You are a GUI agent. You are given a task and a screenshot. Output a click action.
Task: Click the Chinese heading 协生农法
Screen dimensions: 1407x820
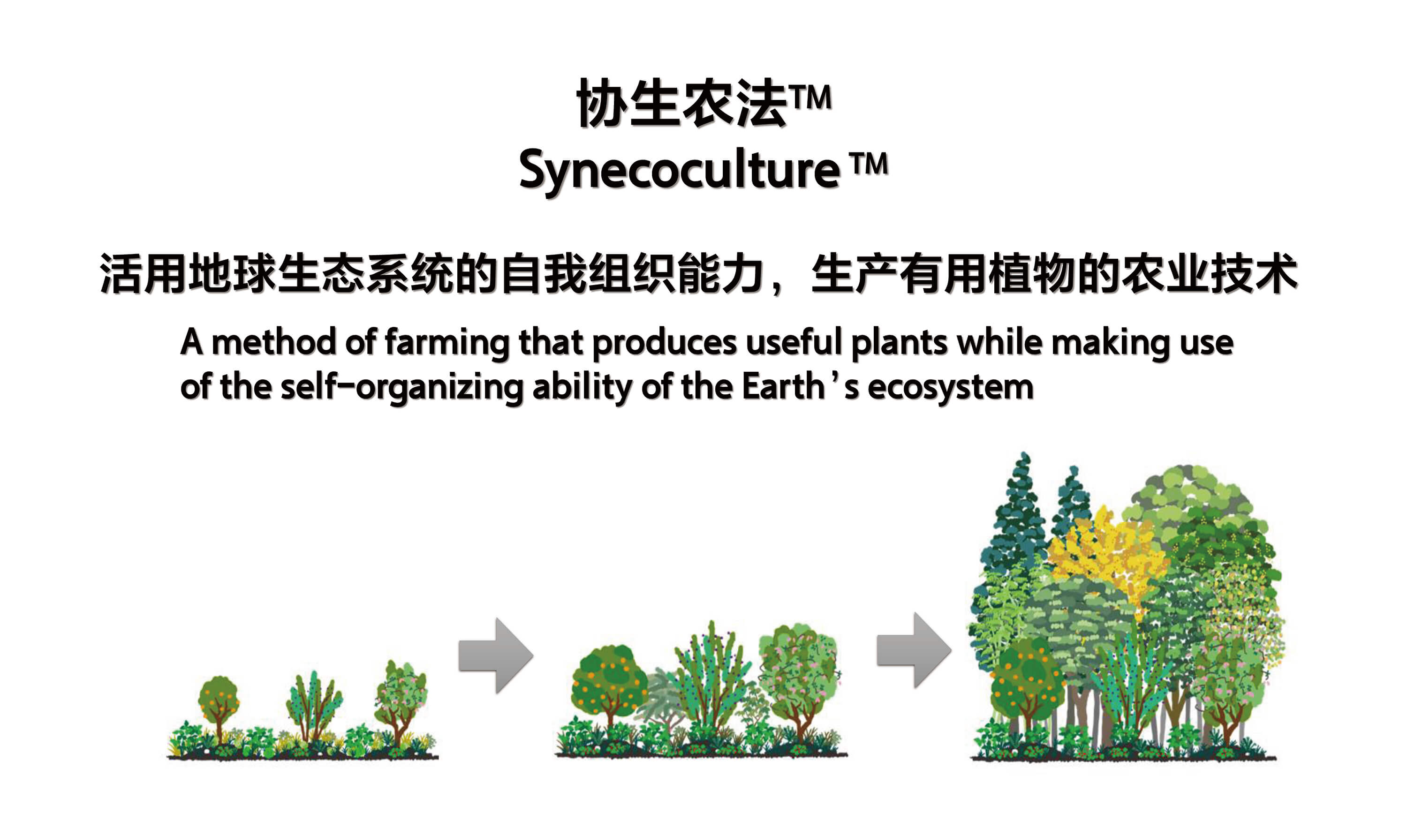tap(682, 103)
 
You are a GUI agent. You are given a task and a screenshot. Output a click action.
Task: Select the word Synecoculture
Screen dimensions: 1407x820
tap(680, 170)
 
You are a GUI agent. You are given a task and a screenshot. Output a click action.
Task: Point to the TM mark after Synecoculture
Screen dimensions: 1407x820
tap(869, 164)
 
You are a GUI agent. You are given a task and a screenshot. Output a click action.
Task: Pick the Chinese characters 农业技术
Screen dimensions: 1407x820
tap(1210, 273)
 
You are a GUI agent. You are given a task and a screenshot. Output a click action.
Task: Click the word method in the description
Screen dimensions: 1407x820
tap(273, 342)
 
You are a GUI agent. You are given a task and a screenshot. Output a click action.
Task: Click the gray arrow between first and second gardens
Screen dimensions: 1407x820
tap(495, 655)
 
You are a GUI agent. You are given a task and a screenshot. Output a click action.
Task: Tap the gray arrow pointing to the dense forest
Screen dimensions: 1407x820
tap(914, 650)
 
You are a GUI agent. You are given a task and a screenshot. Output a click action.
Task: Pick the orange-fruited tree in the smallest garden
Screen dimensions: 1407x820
tap(218, 708)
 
